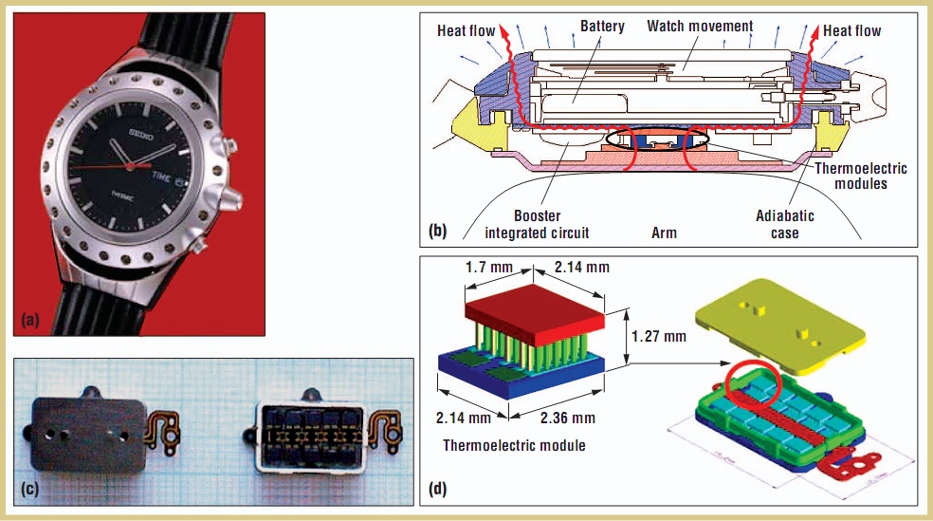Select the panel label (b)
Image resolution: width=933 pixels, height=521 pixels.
click(438, 231)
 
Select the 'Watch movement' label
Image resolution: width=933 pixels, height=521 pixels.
click(701, 26)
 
